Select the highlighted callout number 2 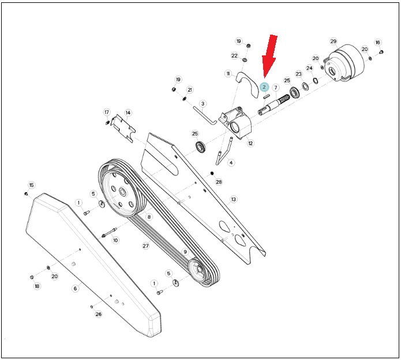[264, 87]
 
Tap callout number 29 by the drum [333, 41]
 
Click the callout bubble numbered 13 [233, 199]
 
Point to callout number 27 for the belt [145, 246]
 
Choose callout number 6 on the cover [75, 288]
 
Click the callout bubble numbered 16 [378, 43]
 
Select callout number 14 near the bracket [128, 112]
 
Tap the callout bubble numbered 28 [219, 182]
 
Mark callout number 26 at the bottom [99, 314]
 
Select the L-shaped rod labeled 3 [205, 116]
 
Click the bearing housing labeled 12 [237, 123]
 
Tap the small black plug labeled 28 [212, 173]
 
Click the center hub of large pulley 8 [122, 192]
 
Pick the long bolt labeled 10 [110, 232]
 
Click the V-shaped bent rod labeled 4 [224, 151]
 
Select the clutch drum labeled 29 [344, 63]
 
